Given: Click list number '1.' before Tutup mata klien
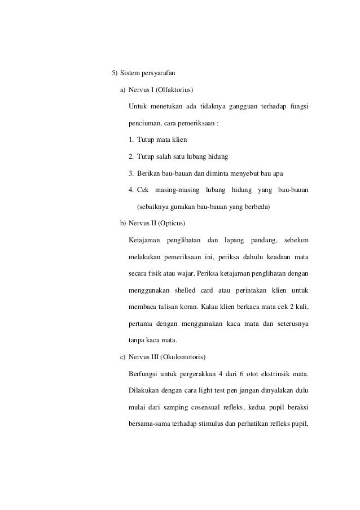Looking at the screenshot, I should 131,140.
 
